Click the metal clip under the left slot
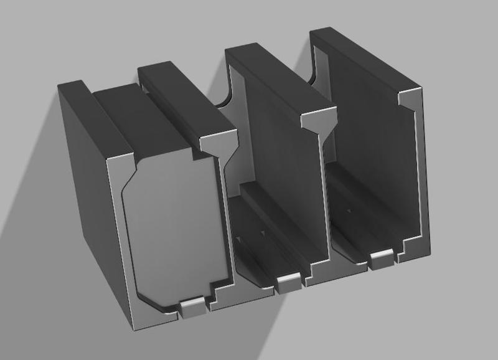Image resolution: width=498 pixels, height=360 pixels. pyautogui.click(x=191, y=306)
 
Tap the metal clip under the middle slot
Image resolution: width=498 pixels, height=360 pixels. pyautogui.click(x=287, y=283)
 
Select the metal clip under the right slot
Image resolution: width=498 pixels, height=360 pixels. pyautogui.click(x=381, y=258)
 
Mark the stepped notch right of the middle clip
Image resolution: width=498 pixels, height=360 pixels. pyautogui.click(x=310, y=274)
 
